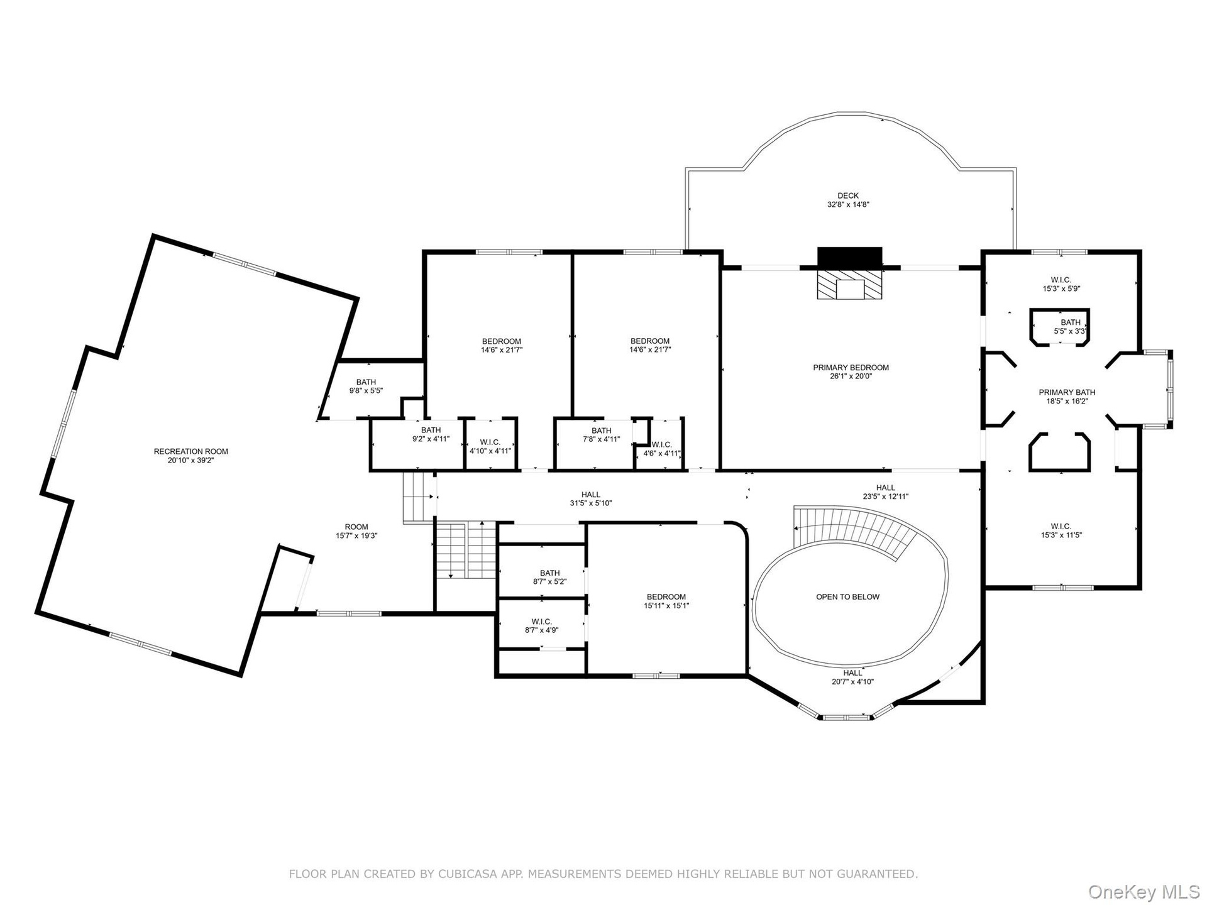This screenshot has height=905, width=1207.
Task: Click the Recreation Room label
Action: [191, 456]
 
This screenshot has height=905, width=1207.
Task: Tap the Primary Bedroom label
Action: [851, 372]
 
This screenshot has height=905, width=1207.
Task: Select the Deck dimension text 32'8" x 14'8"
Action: [848, 204]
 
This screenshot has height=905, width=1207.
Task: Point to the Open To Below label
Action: [848, 597]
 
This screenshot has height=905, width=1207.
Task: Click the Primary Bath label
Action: [1067, 397]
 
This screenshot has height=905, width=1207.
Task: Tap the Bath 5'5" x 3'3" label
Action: [1071, 327]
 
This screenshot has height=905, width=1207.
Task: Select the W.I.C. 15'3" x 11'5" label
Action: [1061, 531]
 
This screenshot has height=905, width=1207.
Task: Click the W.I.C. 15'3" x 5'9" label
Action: [1061, 284]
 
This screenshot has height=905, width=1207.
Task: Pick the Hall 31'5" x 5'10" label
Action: [591, 499]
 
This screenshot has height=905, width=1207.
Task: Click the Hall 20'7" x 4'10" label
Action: [853, 677]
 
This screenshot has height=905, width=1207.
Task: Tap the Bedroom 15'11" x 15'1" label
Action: [666, 601]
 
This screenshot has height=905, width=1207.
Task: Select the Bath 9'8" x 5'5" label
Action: [366, 386]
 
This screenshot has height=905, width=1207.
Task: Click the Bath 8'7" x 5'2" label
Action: [550, 577]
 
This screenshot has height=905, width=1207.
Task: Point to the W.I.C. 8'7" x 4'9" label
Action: [541, 626]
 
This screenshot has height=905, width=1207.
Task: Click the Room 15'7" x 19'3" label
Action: [356, 531]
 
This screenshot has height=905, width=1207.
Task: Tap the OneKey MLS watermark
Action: [1144, 891]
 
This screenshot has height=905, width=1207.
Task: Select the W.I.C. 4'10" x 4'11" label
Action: [490, 446]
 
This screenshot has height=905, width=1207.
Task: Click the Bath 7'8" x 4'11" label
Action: [602, 435]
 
